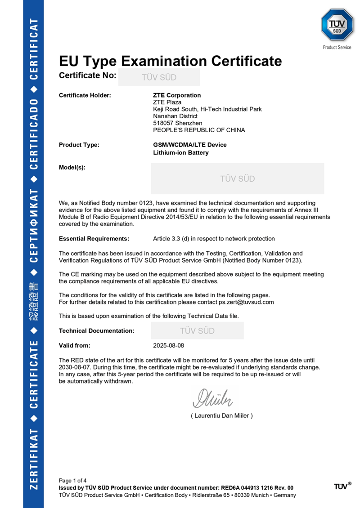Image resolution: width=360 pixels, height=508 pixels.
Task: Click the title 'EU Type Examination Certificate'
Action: pyautogui.click(x=171, y=61)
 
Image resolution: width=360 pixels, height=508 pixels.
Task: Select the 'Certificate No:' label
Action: pyautogui.click(x=87, y=76)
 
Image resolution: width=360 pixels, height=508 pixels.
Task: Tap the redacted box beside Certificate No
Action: pyautogui.click(x=159, y=77)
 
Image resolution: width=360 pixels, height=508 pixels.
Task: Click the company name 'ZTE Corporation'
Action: pyautogui.click(x=177, y=95)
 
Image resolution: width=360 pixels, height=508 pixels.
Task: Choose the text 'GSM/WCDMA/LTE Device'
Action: pyautogui.click(x=190, y=145)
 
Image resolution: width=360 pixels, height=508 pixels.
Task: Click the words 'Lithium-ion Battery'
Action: pyautogui.click(x=181, y=153)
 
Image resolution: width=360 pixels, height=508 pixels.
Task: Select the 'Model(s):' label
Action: pyautogui.click(x=72, y=168)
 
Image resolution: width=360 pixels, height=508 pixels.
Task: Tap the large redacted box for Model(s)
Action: pyautogui.click(x=237, y=178)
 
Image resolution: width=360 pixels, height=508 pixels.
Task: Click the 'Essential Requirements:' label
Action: pyautogui.click(x=94, y=239)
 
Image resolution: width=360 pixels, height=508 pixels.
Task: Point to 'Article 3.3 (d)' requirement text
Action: pyautogui.click(x=174, y=239)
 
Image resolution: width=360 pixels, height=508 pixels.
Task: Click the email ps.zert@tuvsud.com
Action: pyautogui.click(x=246, y=302)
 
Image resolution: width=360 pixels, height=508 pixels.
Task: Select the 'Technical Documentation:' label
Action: pyautogui.click(x=96, y=331)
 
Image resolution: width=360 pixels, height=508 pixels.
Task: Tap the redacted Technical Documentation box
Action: pyautogui.click(x=197, y=331)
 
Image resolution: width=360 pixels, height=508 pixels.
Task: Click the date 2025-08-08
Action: pyautogui.click(x=169, y=346)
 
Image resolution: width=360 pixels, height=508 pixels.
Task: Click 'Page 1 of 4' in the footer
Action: pyautogui.click(x=73, y=481)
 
